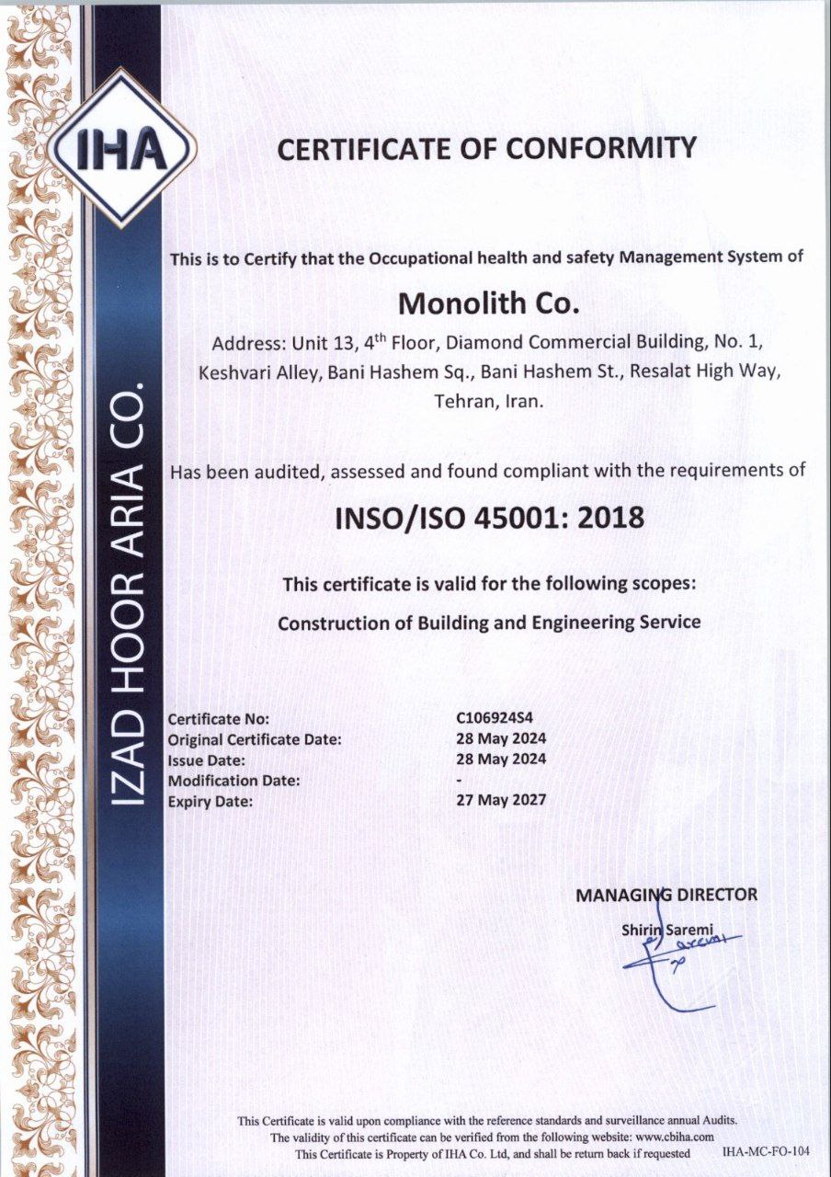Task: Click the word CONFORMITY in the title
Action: (598, 148)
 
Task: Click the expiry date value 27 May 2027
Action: (501, 799)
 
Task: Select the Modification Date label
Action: (234, 781)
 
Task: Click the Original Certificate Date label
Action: (255, 739)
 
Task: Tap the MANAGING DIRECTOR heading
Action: (666, 894)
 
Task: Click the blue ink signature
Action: (676, 966)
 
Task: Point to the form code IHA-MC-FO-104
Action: (766, 1151)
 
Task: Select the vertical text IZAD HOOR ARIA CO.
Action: (130, 598)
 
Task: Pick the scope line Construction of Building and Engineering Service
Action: (489, 623)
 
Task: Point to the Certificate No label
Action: (219, 719)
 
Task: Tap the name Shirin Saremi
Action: (667, 930)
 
